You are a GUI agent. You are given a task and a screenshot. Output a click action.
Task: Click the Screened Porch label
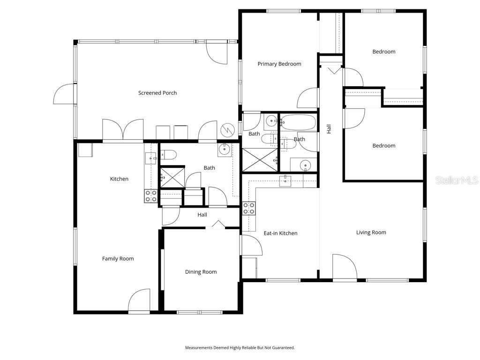coord(157,93)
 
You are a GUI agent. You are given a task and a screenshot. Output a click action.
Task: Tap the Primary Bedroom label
coord(279,64)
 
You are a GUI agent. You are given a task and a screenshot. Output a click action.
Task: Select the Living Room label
coord(371,232)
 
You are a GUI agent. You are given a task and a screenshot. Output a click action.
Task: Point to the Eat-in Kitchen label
coord(280,233)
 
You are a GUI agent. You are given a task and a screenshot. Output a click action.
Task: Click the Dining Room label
coord(201,272)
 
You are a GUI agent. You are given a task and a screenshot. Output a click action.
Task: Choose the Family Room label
coord(118,258)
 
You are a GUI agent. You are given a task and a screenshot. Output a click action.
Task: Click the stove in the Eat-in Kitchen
coord(248,208)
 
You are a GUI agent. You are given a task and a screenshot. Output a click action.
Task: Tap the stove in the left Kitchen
coord(150,196)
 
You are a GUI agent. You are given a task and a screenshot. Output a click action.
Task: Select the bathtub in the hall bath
coord(299,123)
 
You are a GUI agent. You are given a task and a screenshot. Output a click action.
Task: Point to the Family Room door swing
coord(139,300)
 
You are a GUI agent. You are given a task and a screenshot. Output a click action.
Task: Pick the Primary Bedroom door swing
coord(308,98)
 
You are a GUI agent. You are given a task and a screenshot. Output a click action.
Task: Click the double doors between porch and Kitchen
coord(123,130)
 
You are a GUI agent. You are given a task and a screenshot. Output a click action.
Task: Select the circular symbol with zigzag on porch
coord(227,128)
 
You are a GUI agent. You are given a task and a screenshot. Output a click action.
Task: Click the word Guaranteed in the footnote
coord(282,348)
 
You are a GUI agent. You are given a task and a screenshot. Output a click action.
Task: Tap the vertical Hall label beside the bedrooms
coord(329,129)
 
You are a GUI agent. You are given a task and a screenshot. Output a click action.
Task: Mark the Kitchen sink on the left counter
coord(150,158)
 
